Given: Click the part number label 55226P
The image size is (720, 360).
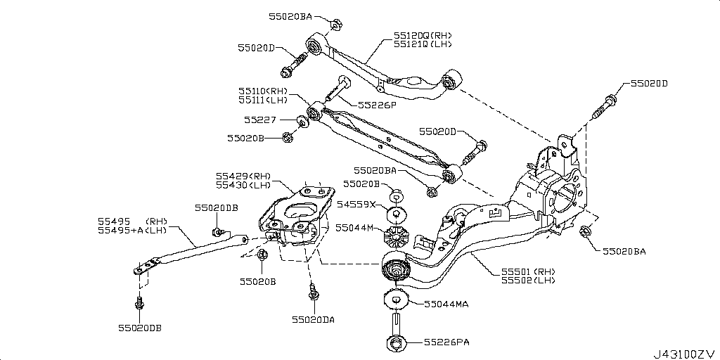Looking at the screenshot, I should [x=378, y=105].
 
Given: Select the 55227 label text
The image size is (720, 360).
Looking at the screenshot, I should [x=261, y=120].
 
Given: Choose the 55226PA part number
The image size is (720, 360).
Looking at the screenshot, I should [x=446, y=342].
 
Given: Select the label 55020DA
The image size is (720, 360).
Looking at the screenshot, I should [x=314, y=319].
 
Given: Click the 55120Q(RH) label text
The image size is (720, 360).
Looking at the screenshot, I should [x=423, y=34].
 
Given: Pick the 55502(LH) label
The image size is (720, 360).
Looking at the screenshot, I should [x=528, y=281].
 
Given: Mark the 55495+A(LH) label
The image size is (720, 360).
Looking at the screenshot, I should [x=132, y=230].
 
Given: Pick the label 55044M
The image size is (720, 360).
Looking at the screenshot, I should [x=356, y=228].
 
